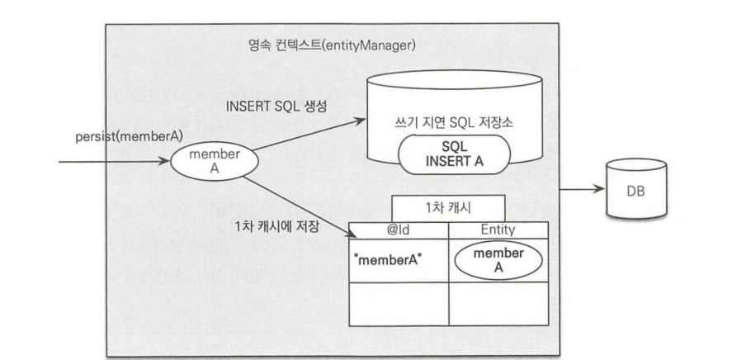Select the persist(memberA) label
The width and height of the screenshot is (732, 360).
(130, 137)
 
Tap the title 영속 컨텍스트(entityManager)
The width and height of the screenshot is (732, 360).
(332, 45)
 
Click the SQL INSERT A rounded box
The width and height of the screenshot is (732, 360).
(454, 154)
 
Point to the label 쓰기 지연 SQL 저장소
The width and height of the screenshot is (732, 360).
(453, 123)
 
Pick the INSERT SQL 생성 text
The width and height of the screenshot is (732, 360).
(276, 107)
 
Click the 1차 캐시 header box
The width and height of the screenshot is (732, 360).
(448, 208)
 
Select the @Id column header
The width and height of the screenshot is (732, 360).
(399, 230)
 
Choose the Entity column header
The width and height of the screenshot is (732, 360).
(498, 230)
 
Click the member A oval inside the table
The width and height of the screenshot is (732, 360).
(498, 261)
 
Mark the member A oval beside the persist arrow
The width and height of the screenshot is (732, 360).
(215, 162)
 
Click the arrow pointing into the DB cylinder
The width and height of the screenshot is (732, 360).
(582, 189)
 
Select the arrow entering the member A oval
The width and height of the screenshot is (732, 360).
(115, 162)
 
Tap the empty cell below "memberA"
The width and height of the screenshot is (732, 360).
(399, 304)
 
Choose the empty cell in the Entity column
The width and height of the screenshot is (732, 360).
(498, 304)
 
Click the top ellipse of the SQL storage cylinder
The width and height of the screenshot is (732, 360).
(454, 80)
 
